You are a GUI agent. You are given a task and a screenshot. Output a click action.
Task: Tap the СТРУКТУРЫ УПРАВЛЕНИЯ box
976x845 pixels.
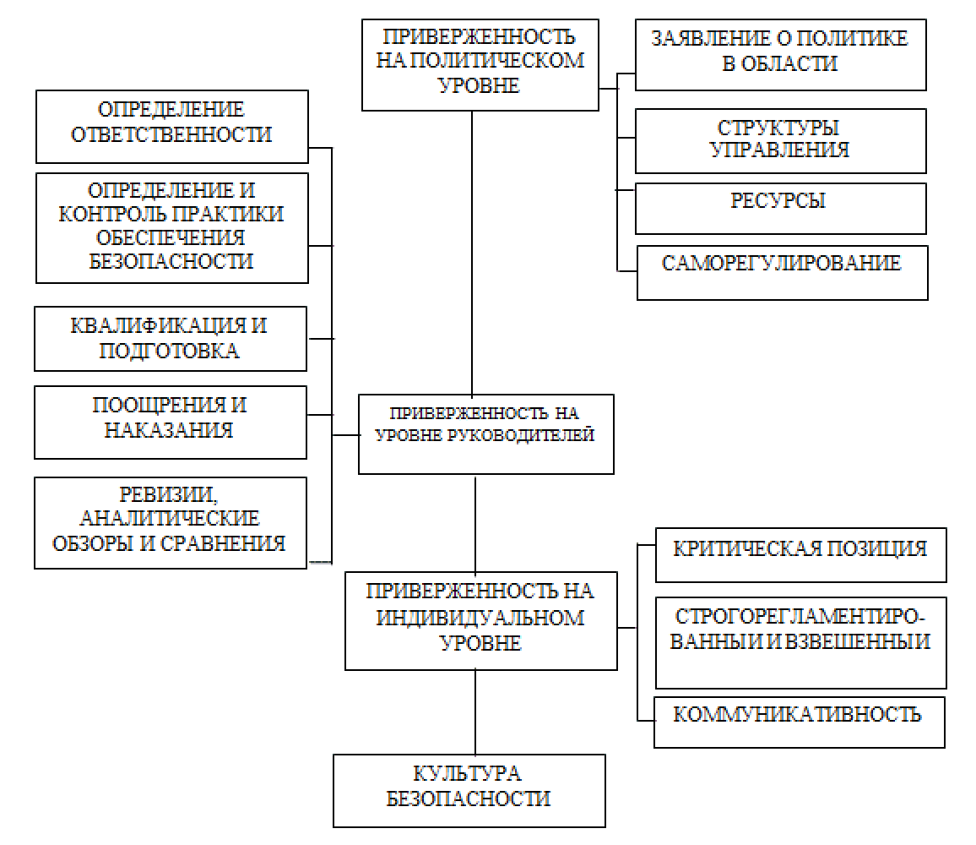780,140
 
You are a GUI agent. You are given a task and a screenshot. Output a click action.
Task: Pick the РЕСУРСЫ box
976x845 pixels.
780,208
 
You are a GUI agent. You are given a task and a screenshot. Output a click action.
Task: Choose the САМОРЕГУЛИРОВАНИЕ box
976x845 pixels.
782,272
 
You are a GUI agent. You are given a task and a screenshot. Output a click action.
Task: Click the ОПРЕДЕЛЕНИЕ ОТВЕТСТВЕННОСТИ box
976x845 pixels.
171,126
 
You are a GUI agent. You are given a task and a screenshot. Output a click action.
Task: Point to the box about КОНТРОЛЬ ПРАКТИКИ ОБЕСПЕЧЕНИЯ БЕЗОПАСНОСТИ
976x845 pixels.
171,226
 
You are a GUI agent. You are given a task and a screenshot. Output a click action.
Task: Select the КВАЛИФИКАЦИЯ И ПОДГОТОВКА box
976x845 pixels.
171,338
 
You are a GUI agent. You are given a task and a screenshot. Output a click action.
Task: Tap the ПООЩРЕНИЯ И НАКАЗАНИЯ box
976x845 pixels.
171,422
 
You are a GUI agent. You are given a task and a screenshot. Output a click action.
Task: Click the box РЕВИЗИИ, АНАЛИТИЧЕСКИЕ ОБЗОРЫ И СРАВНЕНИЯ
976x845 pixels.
171,522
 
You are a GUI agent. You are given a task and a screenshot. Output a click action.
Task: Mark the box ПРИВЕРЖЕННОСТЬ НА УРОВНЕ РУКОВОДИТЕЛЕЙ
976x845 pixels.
485,433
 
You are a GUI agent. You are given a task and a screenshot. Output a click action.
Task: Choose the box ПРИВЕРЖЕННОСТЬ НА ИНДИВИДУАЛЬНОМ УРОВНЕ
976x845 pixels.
480,620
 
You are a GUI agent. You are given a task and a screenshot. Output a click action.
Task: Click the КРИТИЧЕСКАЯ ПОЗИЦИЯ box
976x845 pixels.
800,554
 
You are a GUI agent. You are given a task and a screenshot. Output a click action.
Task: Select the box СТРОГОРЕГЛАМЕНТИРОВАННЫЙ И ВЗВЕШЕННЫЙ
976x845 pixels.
800,642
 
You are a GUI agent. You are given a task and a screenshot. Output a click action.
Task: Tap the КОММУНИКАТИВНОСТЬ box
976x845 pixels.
799,721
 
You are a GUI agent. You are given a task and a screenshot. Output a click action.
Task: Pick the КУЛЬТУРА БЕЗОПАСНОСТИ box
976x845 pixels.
469,790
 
